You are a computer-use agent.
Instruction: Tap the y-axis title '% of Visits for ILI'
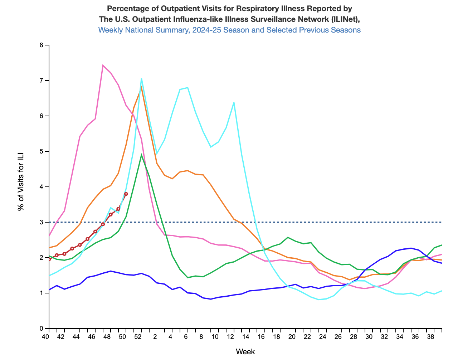[21, 187]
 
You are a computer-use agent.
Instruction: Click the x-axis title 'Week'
[245, 351]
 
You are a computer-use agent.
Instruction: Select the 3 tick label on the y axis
[41, 222]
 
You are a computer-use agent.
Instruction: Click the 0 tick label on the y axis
[41, 329]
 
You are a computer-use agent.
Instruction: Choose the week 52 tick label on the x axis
[138, 337]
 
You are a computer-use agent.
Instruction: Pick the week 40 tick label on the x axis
[45, 337]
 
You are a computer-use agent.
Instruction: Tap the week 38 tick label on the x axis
[430, 337]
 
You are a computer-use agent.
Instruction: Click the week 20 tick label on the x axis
[292, 337]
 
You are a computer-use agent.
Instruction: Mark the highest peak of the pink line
[103, 65]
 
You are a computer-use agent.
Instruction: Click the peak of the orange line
[141, 87]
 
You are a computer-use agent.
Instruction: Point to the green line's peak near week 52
[141, 155]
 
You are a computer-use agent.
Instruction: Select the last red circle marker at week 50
[126, 194]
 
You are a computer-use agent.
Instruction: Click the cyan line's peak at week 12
[234, 103]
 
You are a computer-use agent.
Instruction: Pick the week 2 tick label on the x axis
[155, 337]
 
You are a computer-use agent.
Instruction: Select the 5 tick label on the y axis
[41, 151]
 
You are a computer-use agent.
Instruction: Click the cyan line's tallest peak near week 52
[141, 78]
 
